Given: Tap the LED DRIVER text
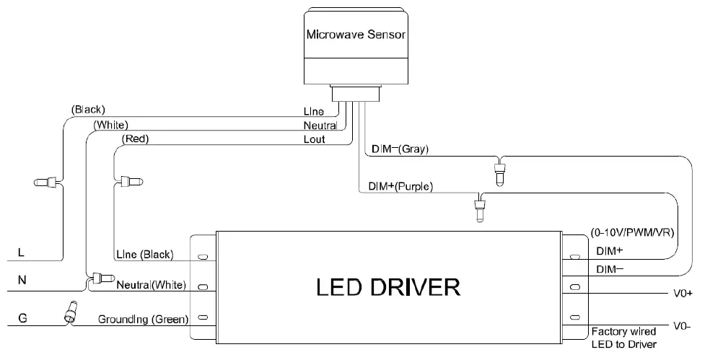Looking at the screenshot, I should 388,287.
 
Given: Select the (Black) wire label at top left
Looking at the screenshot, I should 88,110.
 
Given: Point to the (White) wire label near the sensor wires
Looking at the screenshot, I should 111,125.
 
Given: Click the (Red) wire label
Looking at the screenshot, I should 135,139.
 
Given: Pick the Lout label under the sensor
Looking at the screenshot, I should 314,139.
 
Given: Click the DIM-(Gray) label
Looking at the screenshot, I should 400,149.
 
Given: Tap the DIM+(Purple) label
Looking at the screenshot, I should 400,186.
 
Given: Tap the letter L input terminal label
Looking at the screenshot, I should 21,253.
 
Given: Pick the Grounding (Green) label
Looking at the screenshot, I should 143,319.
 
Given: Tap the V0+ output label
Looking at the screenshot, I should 682,294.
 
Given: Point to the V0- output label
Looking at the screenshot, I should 682,326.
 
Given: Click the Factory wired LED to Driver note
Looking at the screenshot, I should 623,338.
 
